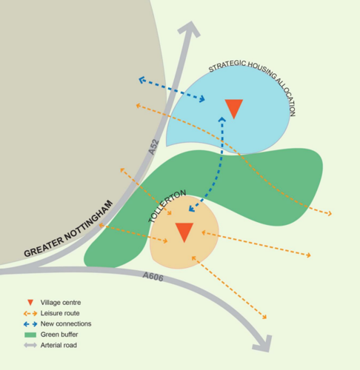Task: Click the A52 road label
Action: pyautogui.click(x=153, y=147)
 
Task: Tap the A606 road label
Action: pyautogui.click(x=153, y=277)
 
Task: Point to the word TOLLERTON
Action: pyautogui.click(x=167, y=206)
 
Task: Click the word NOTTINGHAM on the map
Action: pyautogui.click(x=88, y=221)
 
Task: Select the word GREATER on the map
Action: pyautogui.click(x=44, y=247)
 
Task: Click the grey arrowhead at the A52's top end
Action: pyautogui.click(x=190, y=29)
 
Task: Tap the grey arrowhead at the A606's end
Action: pyautogui.click(x=264, y=343)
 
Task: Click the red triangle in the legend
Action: pyautogui.click(x=30, y=303)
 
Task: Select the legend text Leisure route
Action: pyautogui.click(x=60, y=313)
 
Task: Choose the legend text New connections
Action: pyautogui.click(x=66, y=323)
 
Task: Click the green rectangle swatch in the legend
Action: pyautogui.click(x=30, y=334)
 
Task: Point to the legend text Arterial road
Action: pyautogui.click(x=59, y=345)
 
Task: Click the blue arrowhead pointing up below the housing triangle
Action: pyautogui.click(x=222, y=119)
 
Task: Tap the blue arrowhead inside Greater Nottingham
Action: pyautogui.click(x=141, y=80)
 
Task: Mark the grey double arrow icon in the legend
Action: pyautogui.click(x=30, y=345)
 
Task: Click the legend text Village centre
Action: pyautogui.click(x=61, y=303)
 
